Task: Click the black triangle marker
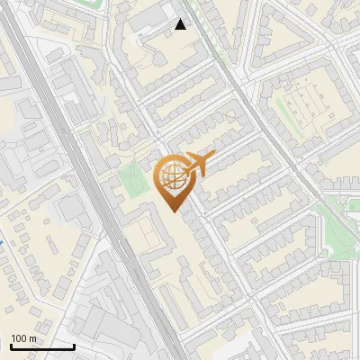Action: click(181, 24)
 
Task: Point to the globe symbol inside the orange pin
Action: click(172, 179)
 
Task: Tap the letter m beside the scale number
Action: click(33, 338)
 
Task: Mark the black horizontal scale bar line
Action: click(42, 347)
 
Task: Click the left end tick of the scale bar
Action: click(12, 346)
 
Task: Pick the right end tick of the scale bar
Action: click(74, 346)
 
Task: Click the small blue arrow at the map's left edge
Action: click(2, 242)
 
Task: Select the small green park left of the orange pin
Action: click(134, 182)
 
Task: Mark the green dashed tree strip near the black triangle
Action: click(200, 36)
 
